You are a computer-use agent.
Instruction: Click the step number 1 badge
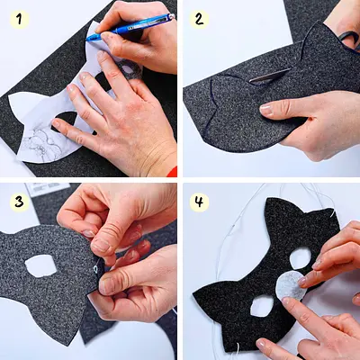pyautogui.click(x=20, y=20)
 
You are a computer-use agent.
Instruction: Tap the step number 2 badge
pyautogui.click(x=199, y=20)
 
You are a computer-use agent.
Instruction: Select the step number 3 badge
pyautogui.click(x=20, y=202)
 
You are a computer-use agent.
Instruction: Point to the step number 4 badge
pyautogui.click(x=199, y=202)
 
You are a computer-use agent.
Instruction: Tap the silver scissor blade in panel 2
pyautogui.click(x=269, y=76)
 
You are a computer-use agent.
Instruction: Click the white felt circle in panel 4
pyautogui.click(x=291, y=285)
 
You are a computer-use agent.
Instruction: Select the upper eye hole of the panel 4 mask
pyautogui.click(x=301, y=258)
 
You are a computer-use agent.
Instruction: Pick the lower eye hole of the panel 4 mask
pyautogui.click(x=262, y=306)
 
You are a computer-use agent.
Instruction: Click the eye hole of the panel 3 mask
pyautogui.click(x=41, y=265)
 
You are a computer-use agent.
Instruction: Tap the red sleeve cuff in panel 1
pyautogui.click(x=172, y=171)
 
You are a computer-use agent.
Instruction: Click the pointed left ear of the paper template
pyautogui.click(x=18, y=103)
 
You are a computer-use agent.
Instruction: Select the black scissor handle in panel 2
pyautogui.click(x=350, y=40)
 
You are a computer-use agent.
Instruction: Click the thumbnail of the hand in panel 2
pyautogui.click(x=266, y=110)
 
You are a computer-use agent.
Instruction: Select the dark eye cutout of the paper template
pyautogui.click(x=66, y=121)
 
